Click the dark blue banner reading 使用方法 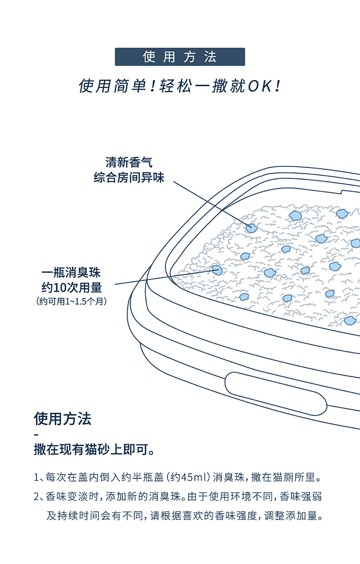tap(180, 57)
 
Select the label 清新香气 tap(129, 162)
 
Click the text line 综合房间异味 tap(129, 177)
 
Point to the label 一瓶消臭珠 tap(71, 272)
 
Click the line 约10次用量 tap(72, 287)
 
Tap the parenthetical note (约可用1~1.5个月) tap(72, 301)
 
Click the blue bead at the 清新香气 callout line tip tap(252, 227)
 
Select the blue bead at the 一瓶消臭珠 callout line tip tap(217, 270)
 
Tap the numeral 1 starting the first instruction tap(36, 478)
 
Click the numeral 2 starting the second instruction tap(36, 497)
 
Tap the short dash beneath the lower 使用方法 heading tap(36, 435)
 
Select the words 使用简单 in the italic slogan tap(112, 86)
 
